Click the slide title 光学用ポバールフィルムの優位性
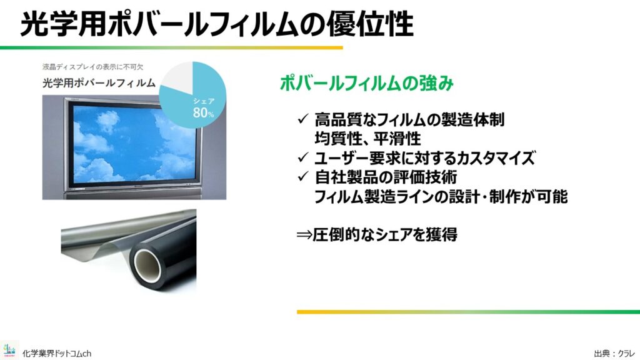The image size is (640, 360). coord(217,24)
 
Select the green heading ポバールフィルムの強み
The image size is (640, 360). coord(366,83)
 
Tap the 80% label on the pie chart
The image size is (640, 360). coord(203,112)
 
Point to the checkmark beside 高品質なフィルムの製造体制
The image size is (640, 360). coord(303,119)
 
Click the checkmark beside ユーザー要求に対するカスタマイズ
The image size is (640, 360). coord(303,157)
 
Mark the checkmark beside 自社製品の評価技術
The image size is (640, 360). coord(303,176)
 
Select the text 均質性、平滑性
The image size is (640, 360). coord(367,138)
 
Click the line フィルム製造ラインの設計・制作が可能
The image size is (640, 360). coord(441,196)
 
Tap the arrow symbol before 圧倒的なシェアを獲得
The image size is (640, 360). coord(304,235)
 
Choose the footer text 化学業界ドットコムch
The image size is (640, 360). coord(57,354)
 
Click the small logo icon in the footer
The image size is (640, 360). coord(9,350)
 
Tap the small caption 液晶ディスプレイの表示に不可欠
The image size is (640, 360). coord(92,67)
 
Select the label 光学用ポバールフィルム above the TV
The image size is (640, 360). coord(99,83)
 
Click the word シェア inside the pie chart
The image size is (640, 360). coord(204,101)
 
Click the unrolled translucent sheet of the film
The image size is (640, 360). coord(98,241)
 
